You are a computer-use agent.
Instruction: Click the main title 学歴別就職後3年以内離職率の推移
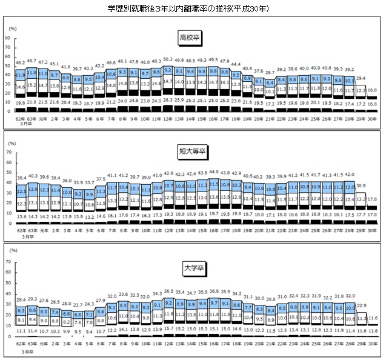(x=192, y=9)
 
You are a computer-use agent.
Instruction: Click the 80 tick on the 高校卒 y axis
(x=7, y=38)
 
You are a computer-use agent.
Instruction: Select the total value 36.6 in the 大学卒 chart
(x=213, y=292)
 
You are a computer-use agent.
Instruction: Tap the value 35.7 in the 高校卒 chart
(x=271, y=72)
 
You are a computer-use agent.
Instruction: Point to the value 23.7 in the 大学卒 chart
(x=76, y=305)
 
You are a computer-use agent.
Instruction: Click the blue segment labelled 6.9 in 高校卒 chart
(x=247, y=78)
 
